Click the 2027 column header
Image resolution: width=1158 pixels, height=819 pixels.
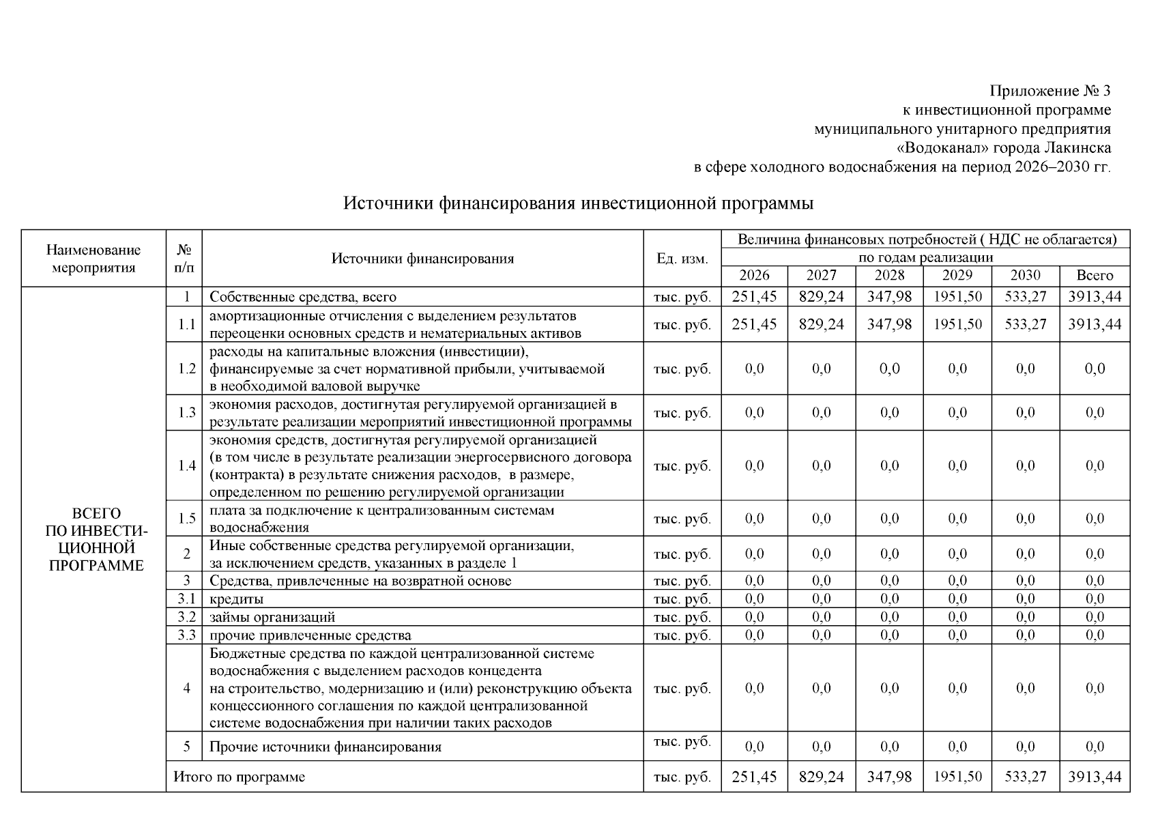point(821,275)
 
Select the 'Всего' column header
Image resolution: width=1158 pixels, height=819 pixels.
point(1094,275)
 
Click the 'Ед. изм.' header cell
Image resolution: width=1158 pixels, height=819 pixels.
point(682,259)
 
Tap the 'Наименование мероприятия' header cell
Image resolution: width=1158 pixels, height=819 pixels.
point(93,259)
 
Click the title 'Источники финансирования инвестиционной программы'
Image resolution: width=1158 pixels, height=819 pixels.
point(578,203)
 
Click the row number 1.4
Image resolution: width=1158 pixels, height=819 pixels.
point(186,465)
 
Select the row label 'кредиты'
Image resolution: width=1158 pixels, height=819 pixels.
point(237,599)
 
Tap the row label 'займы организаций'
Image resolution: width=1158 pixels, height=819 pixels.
point(272,617)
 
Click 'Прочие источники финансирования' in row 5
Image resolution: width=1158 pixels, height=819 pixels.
point(325,747)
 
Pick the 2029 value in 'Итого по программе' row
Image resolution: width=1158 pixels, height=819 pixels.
point(957,777)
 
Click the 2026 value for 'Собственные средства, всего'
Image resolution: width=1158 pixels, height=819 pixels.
point(754,297)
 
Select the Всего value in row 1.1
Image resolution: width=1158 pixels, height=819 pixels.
point(1094,324)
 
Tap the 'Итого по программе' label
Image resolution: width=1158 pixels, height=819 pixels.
point(239,777)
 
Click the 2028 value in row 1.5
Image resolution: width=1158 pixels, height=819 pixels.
point(889,519)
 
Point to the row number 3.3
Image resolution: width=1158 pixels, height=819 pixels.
point(186,635)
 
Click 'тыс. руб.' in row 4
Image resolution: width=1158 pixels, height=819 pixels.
point(682,688)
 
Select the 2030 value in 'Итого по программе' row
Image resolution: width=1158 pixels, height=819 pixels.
point(1025,777)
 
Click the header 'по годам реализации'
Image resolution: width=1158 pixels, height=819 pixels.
point(925,257)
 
